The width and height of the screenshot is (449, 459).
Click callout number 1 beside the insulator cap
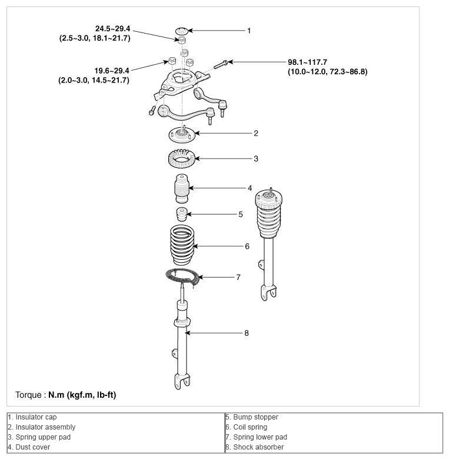coord(249,31)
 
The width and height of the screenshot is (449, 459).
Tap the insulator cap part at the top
coord(182,31)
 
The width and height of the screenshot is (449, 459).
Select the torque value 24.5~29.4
coord(112,29)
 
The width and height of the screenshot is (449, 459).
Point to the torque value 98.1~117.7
coord(308,62)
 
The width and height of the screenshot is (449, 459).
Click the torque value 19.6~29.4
coord(112,71)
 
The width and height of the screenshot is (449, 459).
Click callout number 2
coord(256,134)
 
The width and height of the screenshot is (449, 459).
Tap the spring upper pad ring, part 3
coord(182,158)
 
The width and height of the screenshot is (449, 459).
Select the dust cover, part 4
coord(182,189)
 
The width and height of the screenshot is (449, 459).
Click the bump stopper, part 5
coord(182,214)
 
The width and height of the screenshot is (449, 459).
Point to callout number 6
coord(247,246)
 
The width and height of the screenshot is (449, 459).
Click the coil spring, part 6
coord(182,245)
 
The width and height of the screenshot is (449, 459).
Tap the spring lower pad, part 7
coord(182,276)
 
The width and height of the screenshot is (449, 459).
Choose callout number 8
coord(247,333)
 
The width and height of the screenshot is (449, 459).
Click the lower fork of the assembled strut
coord(268,292)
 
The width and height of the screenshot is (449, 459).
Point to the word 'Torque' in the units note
coord(28,395)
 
